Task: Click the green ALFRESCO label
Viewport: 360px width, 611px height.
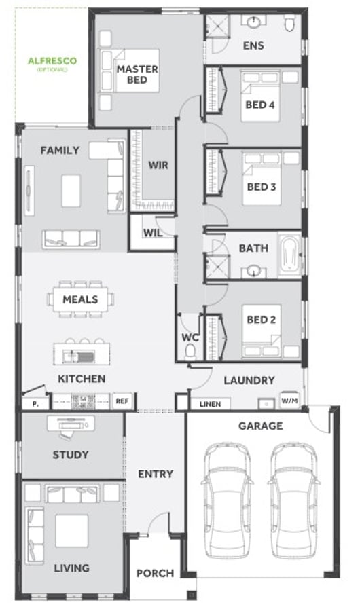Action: pos(52,61)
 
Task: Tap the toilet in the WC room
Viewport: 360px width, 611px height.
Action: pos(191,351)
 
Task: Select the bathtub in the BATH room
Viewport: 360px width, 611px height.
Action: pos(289,255)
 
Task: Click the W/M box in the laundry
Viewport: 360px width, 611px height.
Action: pos(289,400)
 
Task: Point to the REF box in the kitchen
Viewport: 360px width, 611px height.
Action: pos(122,401)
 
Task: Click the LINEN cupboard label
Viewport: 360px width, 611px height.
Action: pos(210,404)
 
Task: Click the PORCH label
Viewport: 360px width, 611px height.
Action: pos(156,573)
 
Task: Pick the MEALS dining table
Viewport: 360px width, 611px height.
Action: pos(81,299)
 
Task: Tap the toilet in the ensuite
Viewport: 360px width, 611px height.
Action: pos(290,23)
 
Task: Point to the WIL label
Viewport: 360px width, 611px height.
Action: pos(153,233)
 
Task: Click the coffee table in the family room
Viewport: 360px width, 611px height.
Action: pos(71,191)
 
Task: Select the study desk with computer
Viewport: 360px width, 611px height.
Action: pos(71,424)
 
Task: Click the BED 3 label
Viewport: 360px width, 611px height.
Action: pos(262,187)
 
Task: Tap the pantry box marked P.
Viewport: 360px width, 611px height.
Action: pos(35,404)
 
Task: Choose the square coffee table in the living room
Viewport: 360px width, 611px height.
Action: pos(71,531)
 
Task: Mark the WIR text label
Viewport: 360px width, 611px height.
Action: pos(158,165)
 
